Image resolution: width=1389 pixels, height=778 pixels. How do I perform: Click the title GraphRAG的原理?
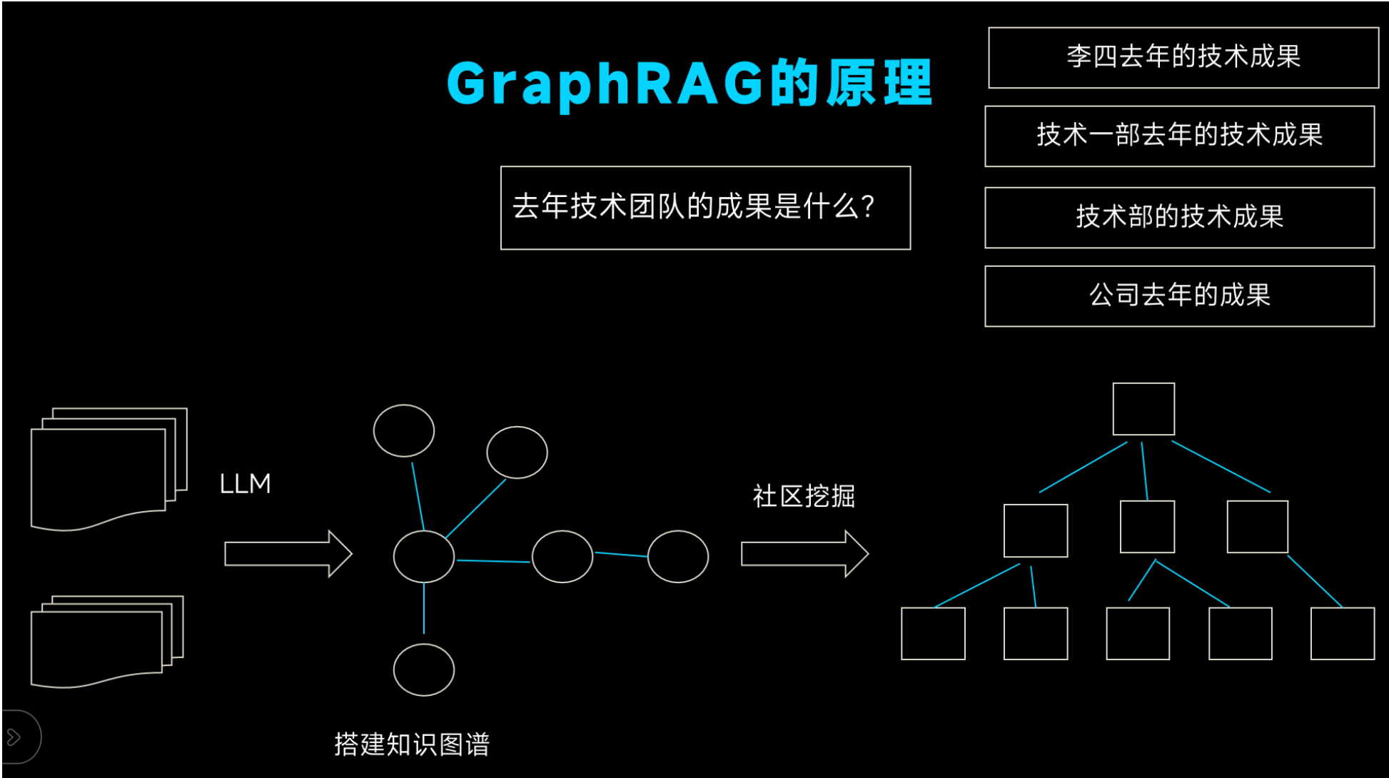coord(689,84)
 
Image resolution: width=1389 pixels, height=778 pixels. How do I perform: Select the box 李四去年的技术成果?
coord(1183,58)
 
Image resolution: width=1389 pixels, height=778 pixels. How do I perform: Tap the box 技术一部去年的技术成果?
coord(1179,136)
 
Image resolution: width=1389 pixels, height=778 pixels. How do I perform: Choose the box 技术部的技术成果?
coord(1179,218)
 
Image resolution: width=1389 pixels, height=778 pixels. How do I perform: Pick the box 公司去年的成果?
coord(1179,296)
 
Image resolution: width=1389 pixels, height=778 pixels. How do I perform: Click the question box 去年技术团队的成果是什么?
coord(705,208)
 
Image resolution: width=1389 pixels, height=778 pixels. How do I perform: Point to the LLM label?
coord(245,484)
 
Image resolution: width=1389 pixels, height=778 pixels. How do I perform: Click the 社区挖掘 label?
coord(804,496)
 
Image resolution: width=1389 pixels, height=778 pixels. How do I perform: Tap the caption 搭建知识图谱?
coord(412,744)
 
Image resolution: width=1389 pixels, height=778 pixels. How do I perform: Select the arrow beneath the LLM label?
coord(288,554)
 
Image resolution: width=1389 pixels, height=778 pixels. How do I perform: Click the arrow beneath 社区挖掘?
coord(804,554)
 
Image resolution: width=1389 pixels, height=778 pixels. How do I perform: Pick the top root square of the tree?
coord(1143,409)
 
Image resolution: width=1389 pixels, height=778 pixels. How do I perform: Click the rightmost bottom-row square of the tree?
coord(1343,634)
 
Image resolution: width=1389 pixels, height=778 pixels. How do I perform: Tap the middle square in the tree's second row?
coord(1147,527)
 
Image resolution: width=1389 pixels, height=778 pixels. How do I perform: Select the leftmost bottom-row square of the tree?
coord(933,634)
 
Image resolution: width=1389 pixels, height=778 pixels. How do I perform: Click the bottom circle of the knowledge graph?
coord(424,670)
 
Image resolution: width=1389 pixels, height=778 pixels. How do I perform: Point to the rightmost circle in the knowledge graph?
coord(678,557)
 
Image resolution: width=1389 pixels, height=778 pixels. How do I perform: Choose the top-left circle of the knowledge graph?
coord(404,430)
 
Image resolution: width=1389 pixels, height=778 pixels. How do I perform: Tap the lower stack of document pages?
coord(106,641)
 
